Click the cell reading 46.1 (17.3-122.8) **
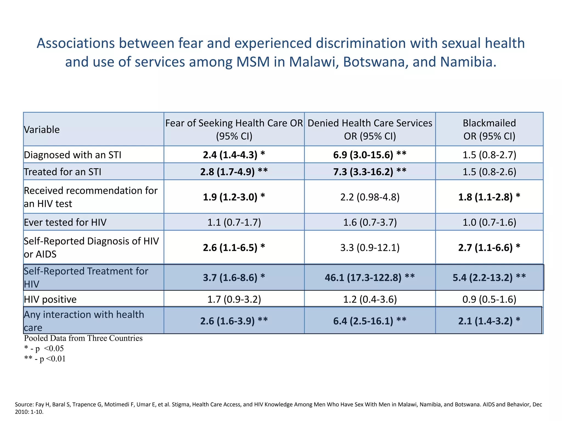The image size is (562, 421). [370, 278]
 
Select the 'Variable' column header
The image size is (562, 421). [42, 130]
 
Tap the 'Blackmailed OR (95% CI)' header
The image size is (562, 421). [489, 129]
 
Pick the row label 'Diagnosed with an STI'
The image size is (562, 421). [73, 155]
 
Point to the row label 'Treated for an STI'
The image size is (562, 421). [63, 172]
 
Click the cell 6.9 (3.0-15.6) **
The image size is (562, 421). [370, 155]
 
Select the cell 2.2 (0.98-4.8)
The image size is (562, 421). [370, 197]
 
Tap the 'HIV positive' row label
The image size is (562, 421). [50, 299]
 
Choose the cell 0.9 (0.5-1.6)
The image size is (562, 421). [489, 299]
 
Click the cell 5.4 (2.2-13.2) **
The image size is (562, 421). [489, 278]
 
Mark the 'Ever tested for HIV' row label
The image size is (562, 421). [65, 222]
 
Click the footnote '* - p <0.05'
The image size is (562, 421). [44, 349]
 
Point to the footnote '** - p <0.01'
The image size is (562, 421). [45, 359]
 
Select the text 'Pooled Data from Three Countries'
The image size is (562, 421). [83, 338]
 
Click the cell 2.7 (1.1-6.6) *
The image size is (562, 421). [489, 248]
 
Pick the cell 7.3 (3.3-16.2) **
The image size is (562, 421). [370, 172]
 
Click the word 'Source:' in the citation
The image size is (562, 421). [24, 405]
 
